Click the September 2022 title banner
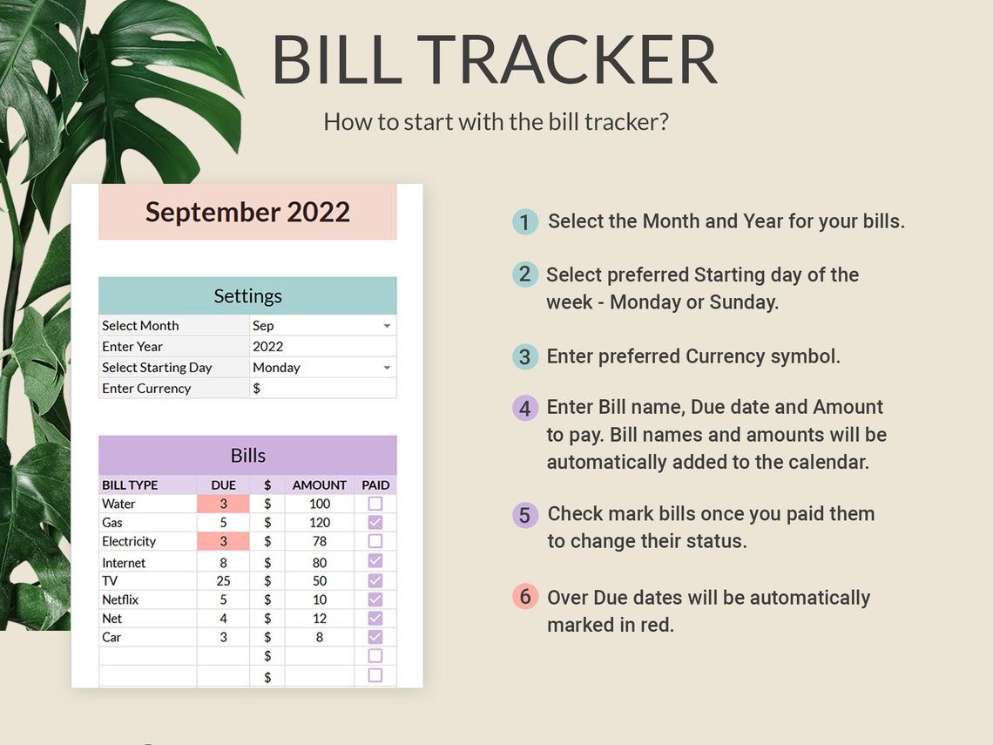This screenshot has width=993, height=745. (247, 212)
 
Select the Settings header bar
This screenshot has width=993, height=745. (247, 296)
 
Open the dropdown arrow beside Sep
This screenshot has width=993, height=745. (387, 326)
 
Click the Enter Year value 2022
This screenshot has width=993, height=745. (268, 346)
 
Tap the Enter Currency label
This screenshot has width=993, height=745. (146, 389)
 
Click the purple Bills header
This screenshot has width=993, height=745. (247, 456)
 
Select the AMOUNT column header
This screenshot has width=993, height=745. (319, 485)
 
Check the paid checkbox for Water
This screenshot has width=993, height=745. (375, 504)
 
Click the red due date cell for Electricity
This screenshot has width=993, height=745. (223, 542)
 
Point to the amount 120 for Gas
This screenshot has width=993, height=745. (320, 523)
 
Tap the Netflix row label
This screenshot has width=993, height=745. (120, 599)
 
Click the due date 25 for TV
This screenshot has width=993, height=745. (224, 580)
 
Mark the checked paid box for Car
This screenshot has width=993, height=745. (375, 637)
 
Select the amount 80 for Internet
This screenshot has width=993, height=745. (320, 563)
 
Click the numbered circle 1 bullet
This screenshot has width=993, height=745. (524, 222)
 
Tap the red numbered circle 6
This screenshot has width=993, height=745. (524, 598)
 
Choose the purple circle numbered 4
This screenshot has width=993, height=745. (524, 408)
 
